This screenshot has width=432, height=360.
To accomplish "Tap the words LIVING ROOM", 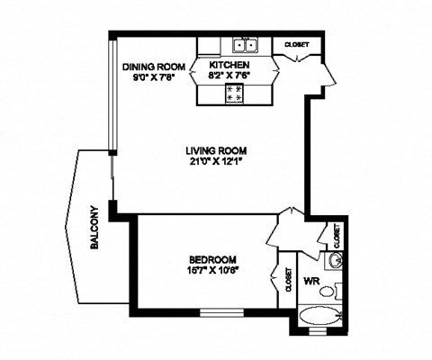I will (x=216, y=150).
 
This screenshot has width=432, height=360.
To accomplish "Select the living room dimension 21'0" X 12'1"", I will (x=216, y=162).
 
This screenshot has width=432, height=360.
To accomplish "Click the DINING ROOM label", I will (x=154, y=66).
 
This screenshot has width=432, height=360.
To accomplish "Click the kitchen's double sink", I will (x=245, y=45).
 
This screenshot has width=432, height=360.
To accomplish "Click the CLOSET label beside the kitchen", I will (x=298, y=44).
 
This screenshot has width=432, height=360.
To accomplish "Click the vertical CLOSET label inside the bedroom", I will (x=288, y=282).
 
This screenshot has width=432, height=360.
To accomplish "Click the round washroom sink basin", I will (x=334, y=261).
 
